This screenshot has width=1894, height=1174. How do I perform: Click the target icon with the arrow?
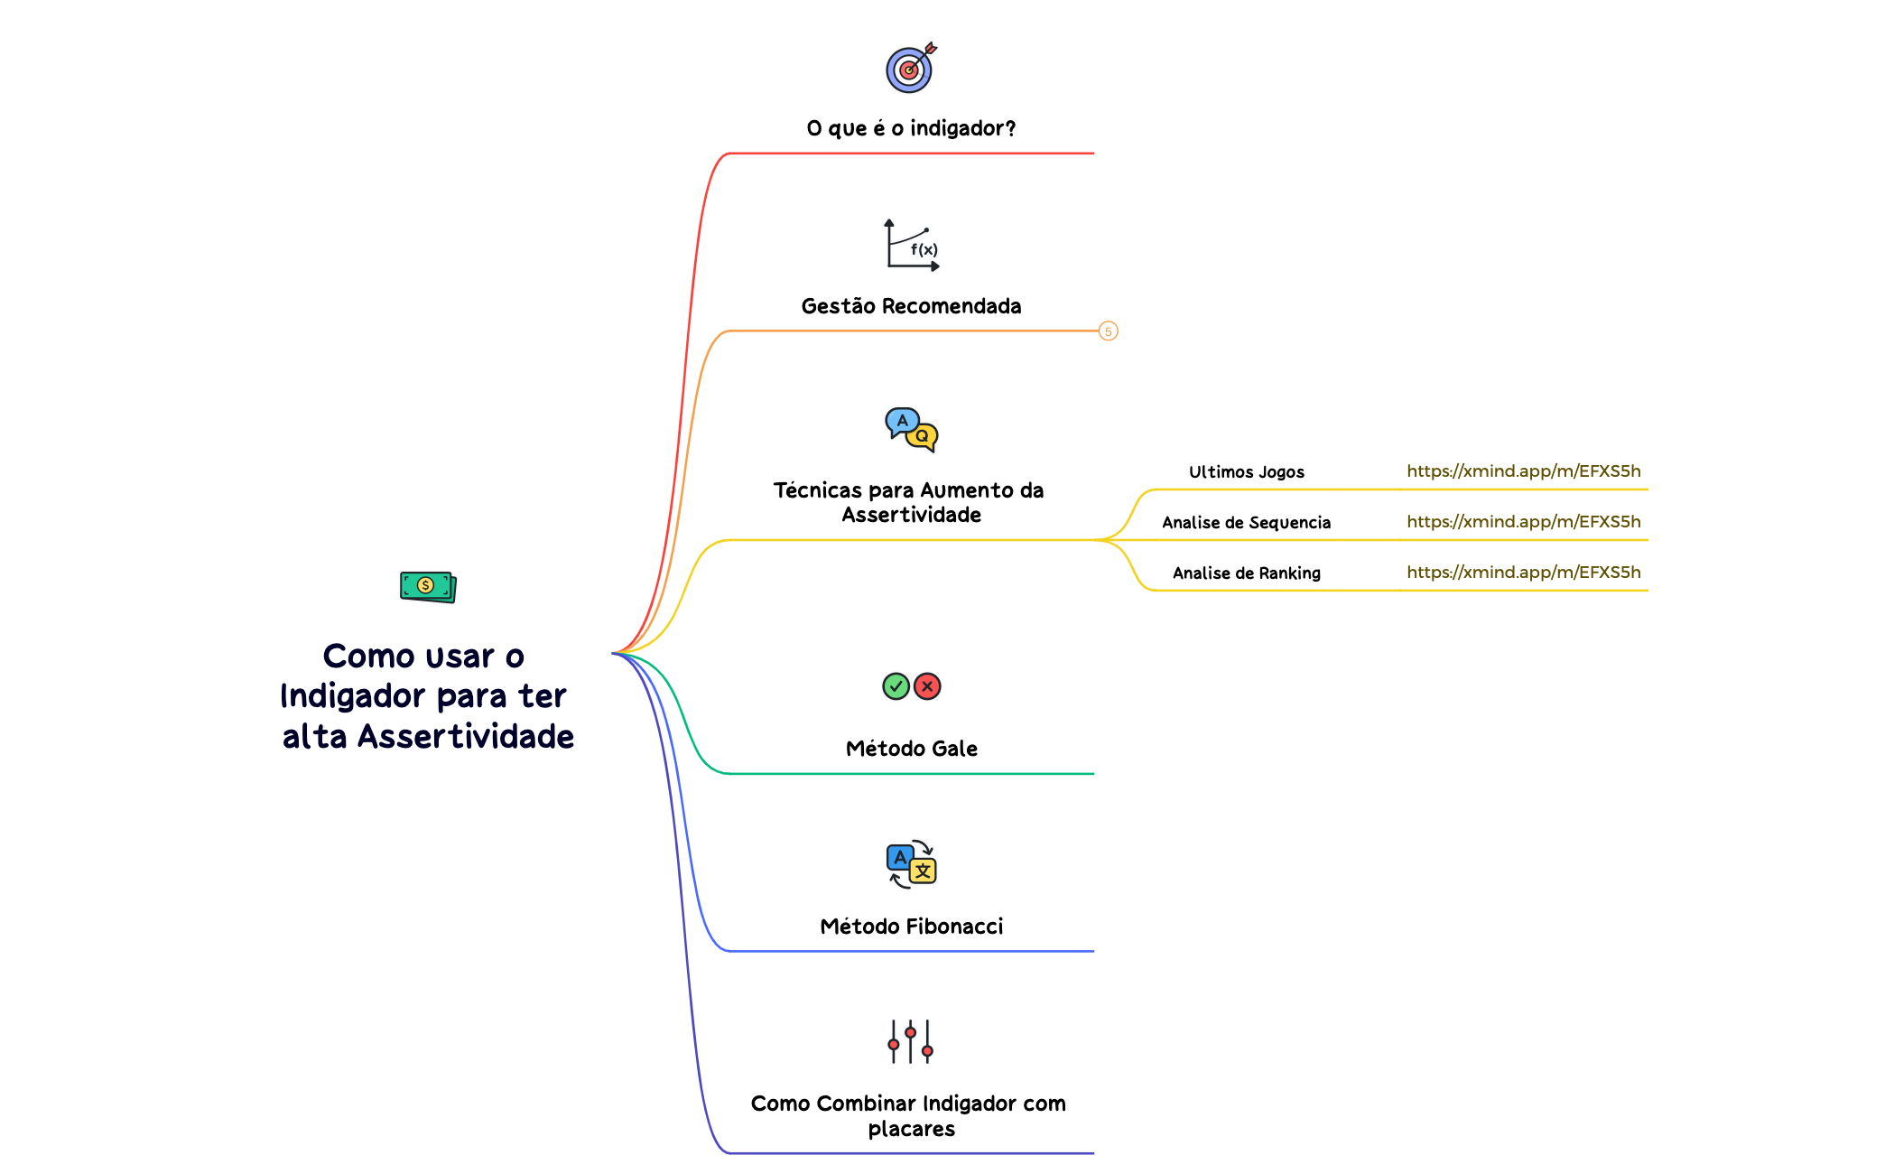910,69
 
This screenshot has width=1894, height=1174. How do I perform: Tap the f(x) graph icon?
912,245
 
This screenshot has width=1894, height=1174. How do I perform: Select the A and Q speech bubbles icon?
912,429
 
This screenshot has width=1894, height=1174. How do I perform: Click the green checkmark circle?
896,686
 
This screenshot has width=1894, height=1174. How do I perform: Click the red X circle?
927,686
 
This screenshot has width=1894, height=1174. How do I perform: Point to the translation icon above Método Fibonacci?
912,864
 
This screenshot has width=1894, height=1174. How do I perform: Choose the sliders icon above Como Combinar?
911,1041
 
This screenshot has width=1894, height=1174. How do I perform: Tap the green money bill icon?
428,586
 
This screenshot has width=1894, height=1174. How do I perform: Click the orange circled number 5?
1109,331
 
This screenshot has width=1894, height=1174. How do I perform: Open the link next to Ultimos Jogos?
1523,471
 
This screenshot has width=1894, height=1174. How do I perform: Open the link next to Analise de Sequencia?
1523,521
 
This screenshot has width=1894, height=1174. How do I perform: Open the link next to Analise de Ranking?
1523,572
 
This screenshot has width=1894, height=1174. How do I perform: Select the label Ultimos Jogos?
1246,471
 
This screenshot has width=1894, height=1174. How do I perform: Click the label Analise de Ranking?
1246,573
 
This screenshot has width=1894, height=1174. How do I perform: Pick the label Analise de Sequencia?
1246,522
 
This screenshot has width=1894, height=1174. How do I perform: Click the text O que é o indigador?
911,128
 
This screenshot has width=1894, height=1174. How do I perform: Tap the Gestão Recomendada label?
911,306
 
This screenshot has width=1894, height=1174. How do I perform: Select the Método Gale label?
911,749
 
